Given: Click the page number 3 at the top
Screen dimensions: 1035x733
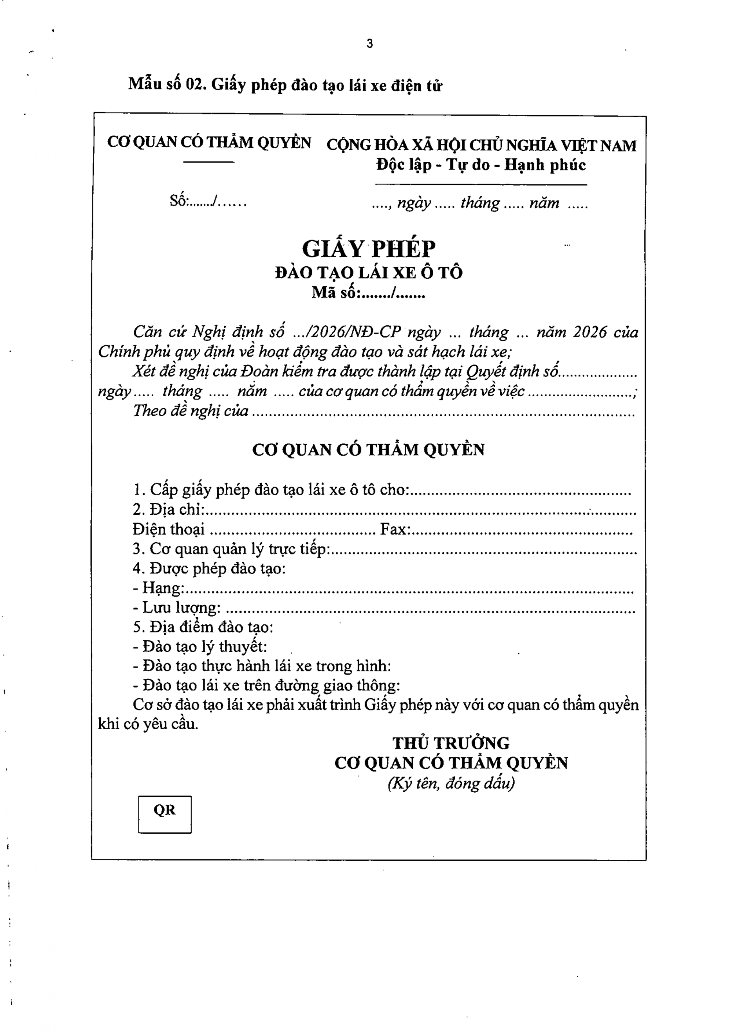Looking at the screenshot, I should [x=370, y=44].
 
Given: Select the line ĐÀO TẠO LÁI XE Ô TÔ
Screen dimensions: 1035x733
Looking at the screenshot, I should [x=369, y=273].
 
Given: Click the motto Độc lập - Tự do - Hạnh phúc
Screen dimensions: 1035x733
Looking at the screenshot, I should [x=481, y=165].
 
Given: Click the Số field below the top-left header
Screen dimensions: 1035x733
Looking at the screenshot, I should [x=208, y=201].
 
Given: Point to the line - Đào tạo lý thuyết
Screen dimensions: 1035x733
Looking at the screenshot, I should [x=200, y=647].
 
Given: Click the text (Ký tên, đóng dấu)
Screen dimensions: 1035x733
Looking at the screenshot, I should [x=451, y=782].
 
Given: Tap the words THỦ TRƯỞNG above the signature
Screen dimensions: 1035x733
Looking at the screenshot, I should [x=451, y=743].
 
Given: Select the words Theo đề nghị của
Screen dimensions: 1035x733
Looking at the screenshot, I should [x=191, y=411].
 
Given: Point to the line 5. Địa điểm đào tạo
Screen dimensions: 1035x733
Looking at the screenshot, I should [x=203, y=627].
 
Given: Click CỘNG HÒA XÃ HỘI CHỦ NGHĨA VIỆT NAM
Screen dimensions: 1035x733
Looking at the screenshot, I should [x=481, y=146].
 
